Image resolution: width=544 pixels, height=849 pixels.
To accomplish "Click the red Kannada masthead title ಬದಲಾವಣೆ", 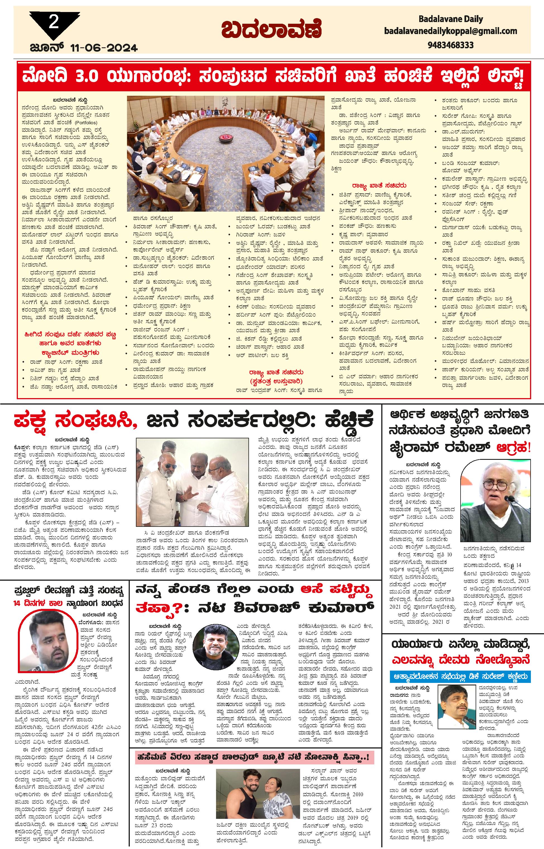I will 272,29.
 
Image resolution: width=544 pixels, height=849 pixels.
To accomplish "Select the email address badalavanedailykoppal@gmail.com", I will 450,31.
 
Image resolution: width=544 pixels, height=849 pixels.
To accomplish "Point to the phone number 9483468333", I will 450,45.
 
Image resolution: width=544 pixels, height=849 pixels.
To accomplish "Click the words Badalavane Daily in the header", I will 450,19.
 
